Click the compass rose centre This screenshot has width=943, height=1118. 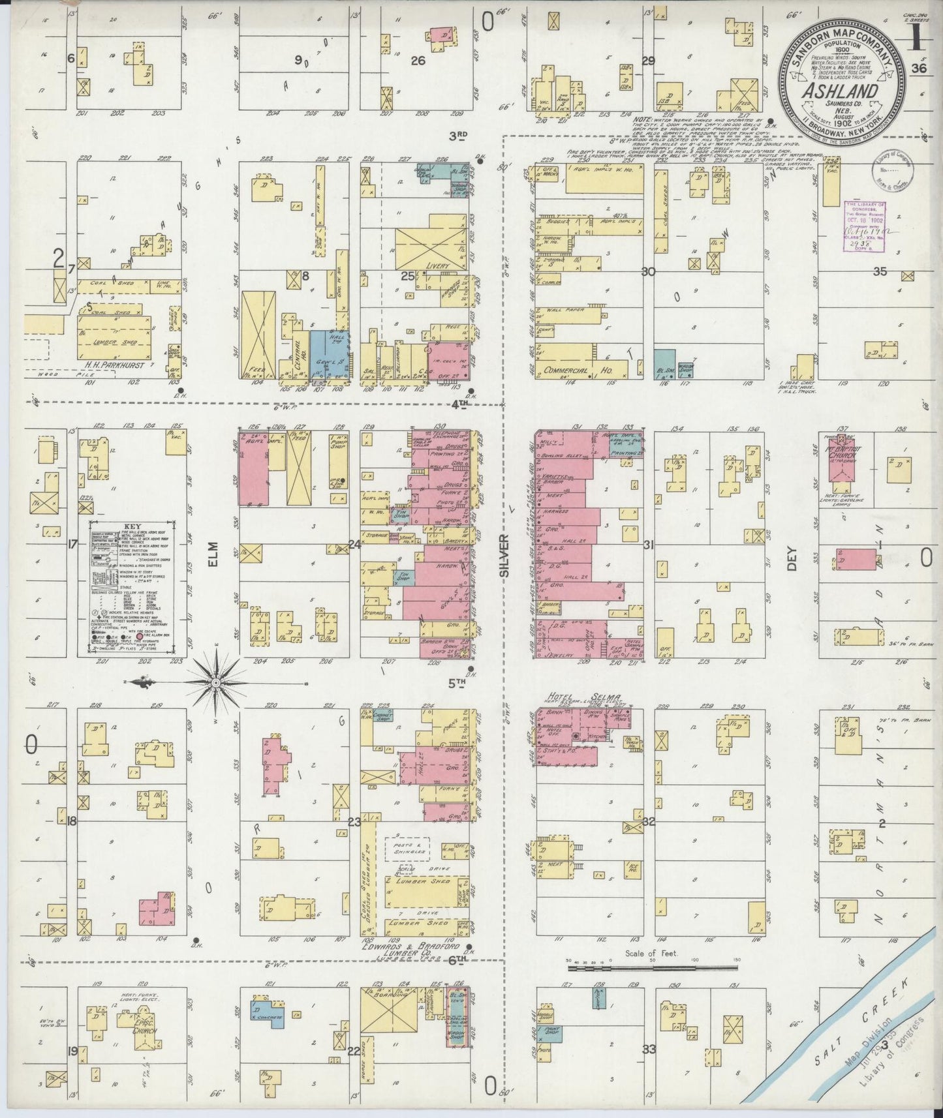[216, 682]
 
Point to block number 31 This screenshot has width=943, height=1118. [647, 545]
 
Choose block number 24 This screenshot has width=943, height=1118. [354, 544]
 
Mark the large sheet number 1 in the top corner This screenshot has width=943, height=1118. [918, 40]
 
